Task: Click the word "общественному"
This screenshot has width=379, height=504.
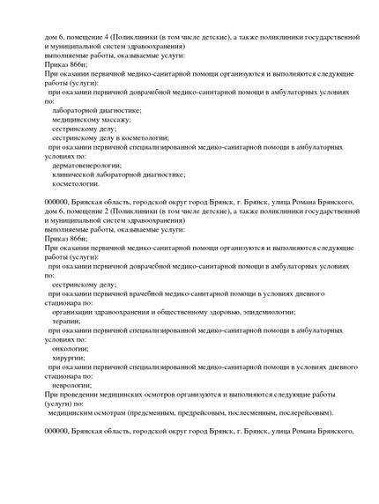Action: (x=173, y=312)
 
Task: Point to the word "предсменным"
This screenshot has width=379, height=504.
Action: (x=130, y=412)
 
